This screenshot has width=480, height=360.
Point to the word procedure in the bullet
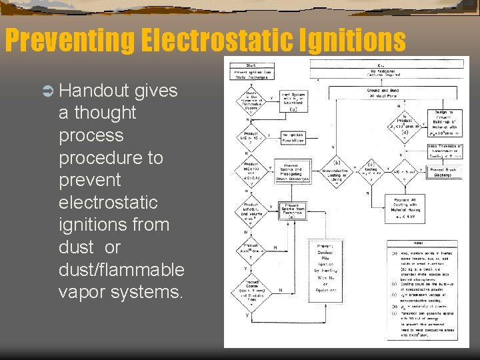(101, 157)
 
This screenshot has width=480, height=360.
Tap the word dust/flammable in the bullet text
(121, 269)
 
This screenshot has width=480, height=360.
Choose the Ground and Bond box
(379, 93)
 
